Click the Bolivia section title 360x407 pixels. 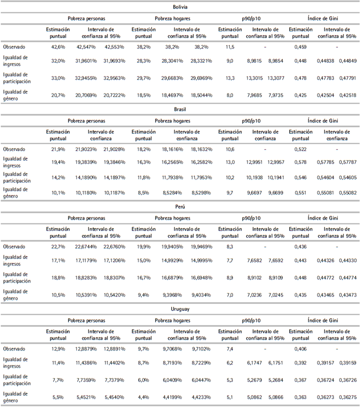tap(179, 7)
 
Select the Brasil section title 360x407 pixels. tap(179, 110)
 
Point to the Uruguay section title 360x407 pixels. tap(179, 310)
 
